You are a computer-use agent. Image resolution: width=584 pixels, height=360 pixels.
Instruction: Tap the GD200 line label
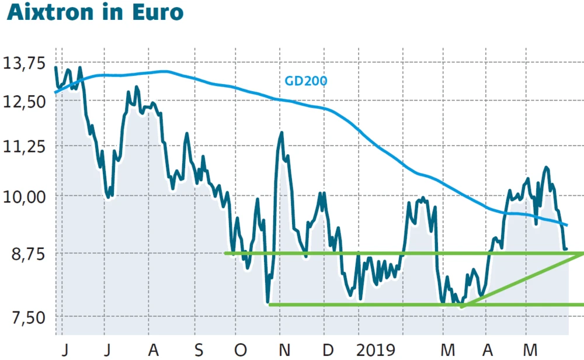tap(305, 81)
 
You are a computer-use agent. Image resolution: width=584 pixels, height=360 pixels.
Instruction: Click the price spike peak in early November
tap(281, 133)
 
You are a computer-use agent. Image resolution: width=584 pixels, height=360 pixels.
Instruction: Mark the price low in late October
tap(268, 302)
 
